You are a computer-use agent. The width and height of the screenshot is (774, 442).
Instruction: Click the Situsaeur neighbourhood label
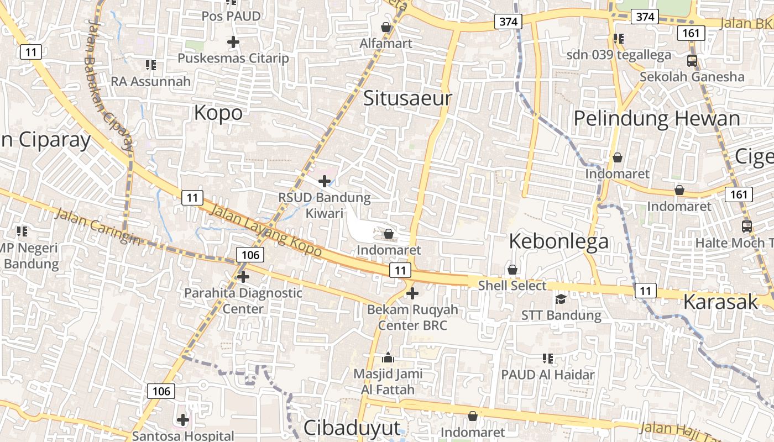pos(407,98)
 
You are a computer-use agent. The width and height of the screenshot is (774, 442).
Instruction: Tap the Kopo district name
pos(218,113)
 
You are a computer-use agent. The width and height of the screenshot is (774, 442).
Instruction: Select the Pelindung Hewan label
pos(656,119)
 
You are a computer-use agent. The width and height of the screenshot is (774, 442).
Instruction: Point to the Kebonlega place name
pos(558,241)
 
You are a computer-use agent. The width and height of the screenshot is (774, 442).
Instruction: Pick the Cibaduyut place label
pos(352,428)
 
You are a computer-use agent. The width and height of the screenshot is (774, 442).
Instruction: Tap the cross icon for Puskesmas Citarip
pos(233,41)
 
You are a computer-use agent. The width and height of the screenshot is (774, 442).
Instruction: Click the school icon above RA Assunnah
pos(150,65)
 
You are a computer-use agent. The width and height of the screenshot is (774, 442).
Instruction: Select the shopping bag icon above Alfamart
pos(386,27)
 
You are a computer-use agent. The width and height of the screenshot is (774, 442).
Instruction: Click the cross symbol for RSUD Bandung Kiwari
pos(325,181)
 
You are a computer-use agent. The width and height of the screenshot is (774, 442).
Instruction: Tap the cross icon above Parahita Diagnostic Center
pos(243,276)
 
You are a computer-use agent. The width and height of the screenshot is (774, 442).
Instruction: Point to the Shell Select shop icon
pos(512,270)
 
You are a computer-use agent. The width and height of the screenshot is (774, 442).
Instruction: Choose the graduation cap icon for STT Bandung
pos(561,299)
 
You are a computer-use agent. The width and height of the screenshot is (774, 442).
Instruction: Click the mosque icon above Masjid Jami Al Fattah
pos(388,357)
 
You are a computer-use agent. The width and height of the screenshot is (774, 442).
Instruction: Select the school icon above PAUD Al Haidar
pos(548,359)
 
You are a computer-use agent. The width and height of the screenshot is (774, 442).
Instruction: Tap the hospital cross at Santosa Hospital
pos(183,420)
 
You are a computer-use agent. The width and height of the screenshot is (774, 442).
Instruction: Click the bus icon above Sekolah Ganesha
pos(692,60)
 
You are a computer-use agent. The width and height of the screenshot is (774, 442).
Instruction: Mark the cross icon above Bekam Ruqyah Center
pos(412,293)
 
